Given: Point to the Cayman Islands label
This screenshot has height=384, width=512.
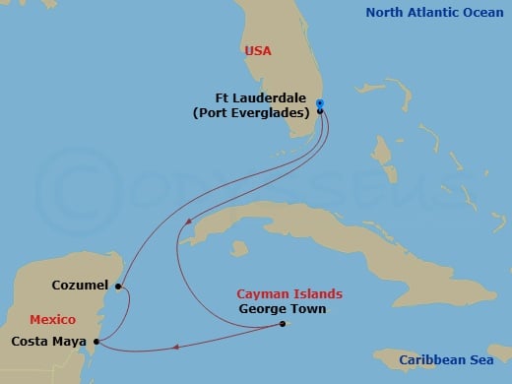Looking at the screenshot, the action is click(289, 293).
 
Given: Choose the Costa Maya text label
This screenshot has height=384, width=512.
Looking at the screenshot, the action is click(48, 342).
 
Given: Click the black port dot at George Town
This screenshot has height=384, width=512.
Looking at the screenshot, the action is click(282, 324).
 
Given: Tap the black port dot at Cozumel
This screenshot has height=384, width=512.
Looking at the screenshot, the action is click(117, 288).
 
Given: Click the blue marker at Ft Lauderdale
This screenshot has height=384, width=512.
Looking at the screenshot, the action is click(320, 104).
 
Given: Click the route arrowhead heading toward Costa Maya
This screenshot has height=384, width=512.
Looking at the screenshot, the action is click(175, 346).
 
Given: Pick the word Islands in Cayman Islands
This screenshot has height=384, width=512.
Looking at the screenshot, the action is click(318, 293).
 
